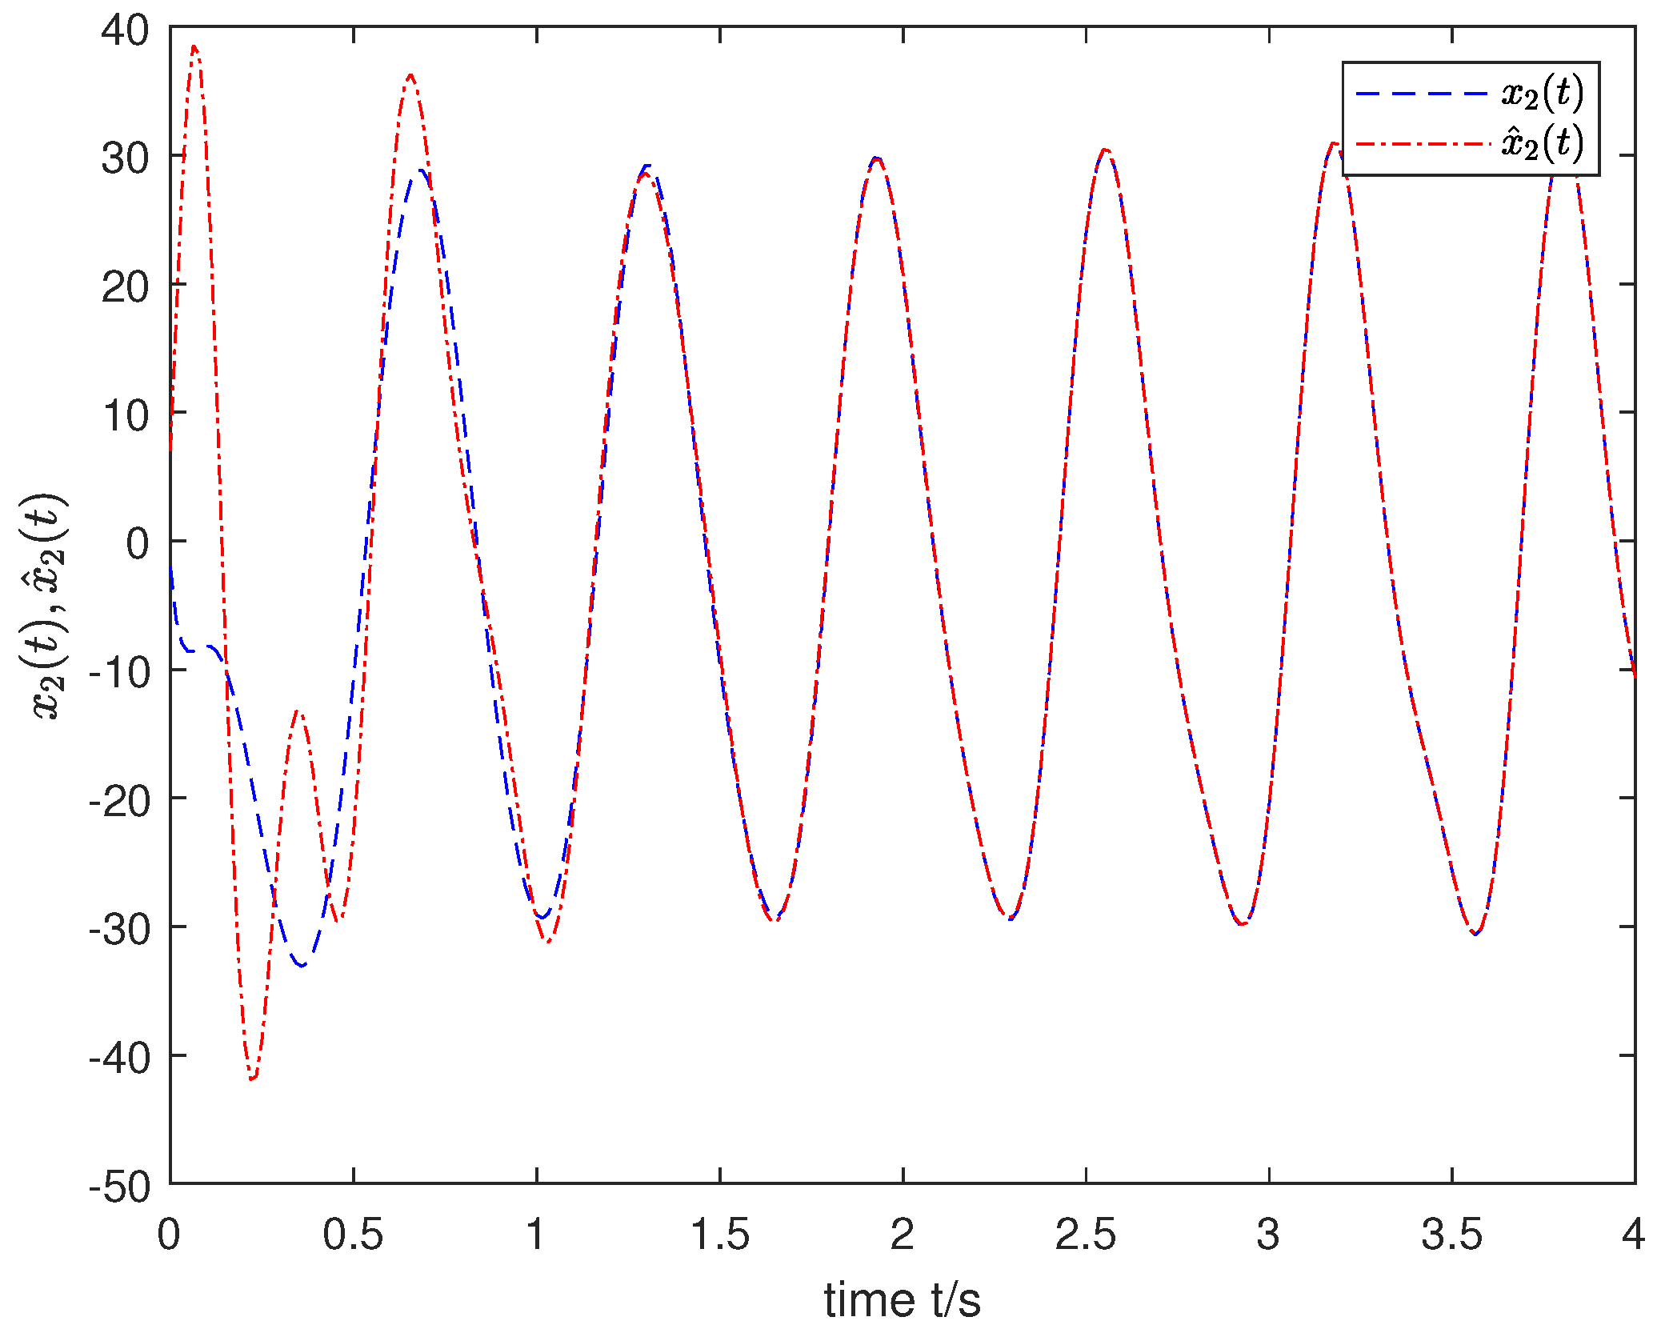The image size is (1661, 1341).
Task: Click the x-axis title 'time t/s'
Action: tap(902, 1299)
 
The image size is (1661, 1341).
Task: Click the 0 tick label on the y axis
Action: tap(137, 544)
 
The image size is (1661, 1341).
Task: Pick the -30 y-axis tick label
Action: tap(120, 930)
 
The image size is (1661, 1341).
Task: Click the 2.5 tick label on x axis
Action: tap(1085, 1235)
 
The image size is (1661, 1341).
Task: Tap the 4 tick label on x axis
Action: tap(1633, 1235)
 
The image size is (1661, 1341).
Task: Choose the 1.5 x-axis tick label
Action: tap(719, 1235)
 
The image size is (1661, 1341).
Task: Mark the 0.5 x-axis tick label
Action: tap(353, 1235)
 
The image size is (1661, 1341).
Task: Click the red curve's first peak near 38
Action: tap(194, 47)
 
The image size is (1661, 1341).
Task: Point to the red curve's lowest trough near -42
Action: tap(252, 1079)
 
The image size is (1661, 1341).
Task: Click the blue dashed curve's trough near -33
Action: tap(302, 965)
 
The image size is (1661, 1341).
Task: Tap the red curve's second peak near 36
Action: tap(410, 75)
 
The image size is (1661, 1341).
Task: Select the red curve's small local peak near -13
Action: tap(298, 710)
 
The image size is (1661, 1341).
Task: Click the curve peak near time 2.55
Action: tap(1105, 150)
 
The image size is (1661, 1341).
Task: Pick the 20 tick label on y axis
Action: tap(125, 287)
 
